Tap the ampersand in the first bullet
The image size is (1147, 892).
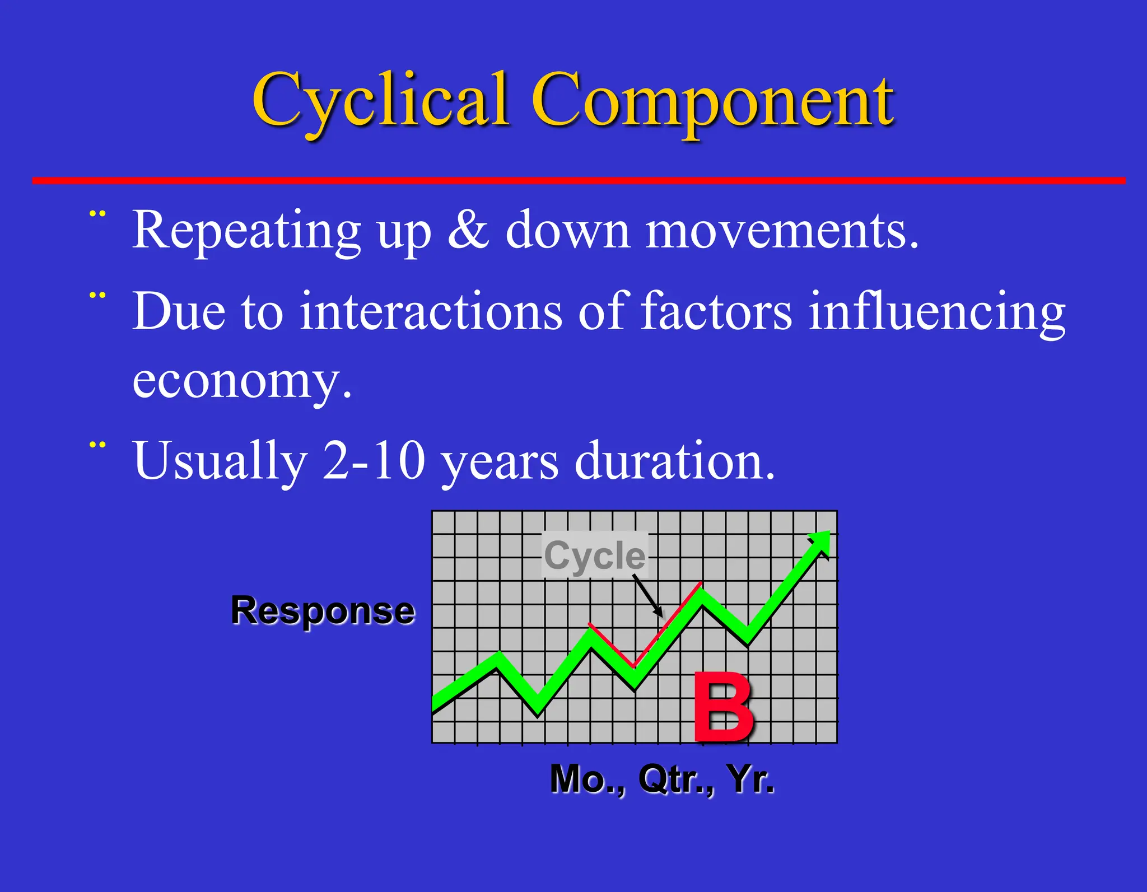(x=468, y=230)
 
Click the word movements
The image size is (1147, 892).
(x=781, y=230)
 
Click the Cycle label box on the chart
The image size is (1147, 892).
(x=594, y=555)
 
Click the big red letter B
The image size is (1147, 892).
(x=723, y=708)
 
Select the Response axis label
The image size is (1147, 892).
(x=323, y=610)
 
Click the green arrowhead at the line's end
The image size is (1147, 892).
(x=820, y=541)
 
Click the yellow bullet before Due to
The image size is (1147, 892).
(x=97, y=295)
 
